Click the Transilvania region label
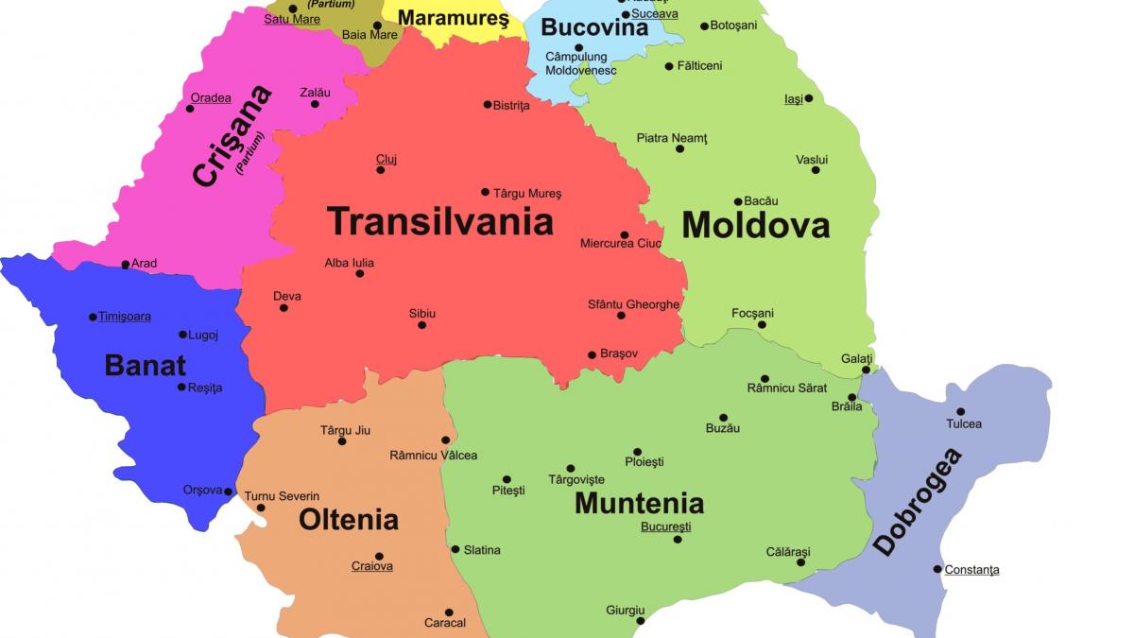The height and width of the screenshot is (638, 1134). (439, 221)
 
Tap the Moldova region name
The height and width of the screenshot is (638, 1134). (755, 225)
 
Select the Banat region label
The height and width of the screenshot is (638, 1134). (146, 365)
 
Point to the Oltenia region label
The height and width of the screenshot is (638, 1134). (349, 519)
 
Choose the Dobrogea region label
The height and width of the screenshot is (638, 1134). (917, 502)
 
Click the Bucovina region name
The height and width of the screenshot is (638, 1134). (594, 26)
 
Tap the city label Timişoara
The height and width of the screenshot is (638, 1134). (125, 317)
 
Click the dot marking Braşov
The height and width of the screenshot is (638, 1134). (592, 355)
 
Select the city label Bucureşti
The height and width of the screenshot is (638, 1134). (665, 526)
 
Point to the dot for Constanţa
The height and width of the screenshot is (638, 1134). (937, 569)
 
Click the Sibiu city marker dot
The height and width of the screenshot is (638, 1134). (421, 325)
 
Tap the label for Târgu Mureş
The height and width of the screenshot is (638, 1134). (527, 193)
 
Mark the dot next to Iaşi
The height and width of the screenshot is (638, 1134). (808, 98)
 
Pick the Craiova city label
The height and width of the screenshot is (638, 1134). (372, 566)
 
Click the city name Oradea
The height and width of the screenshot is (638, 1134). (211, 97)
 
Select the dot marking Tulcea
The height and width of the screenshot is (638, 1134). (961, 411)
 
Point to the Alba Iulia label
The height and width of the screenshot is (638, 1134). (350, 263)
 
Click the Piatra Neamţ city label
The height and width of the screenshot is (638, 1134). (672, 138)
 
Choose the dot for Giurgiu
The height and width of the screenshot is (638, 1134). (641, 621)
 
